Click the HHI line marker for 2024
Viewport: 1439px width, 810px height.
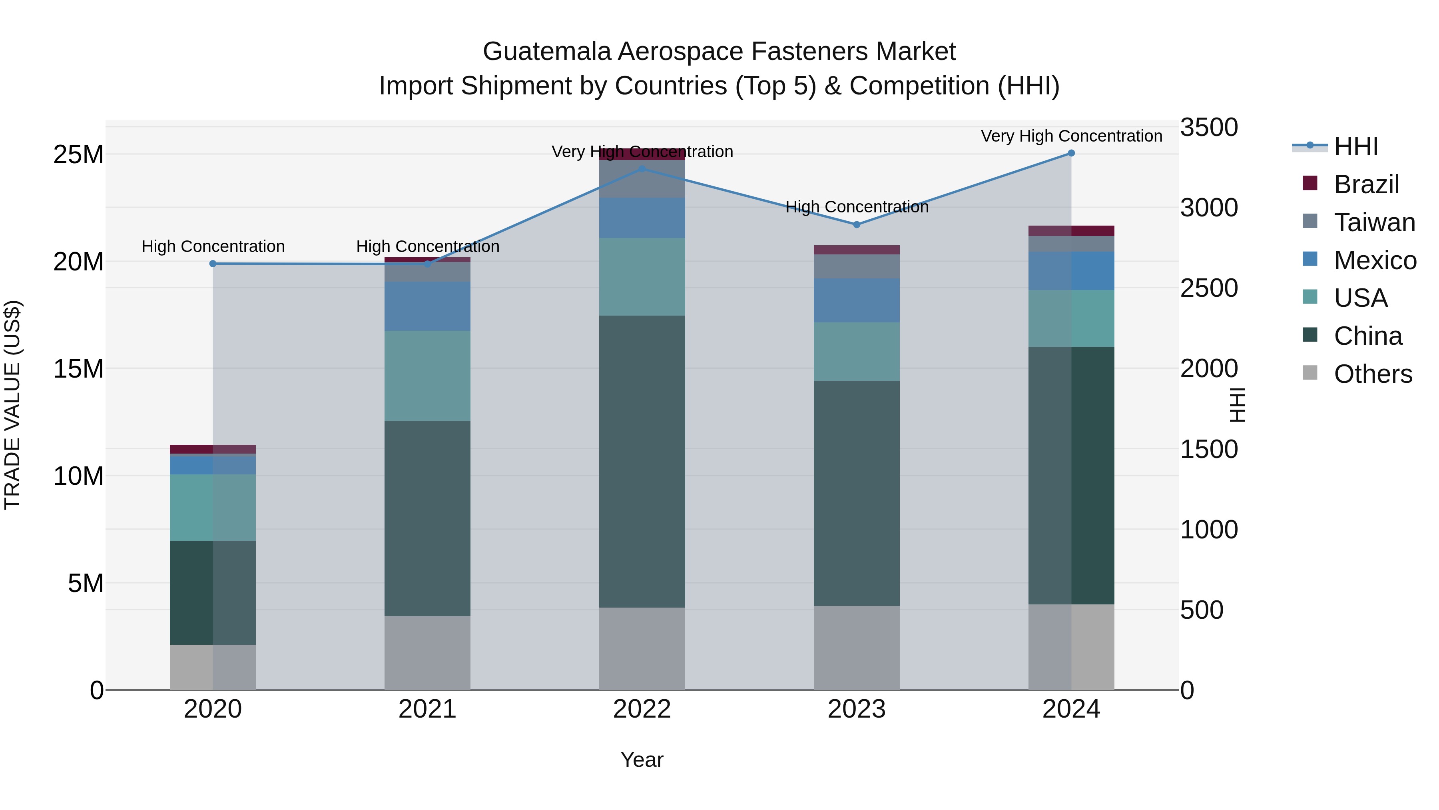[x=1071, y=153]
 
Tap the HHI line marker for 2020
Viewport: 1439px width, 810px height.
[x=213, y=264]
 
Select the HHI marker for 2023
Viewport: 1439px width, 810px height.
[x=856, y=225]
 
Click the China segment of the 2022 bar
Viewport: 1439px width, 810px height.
[x=642, y=461]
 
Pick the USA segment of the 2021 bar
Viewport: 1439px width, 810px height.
[x=427, y=376]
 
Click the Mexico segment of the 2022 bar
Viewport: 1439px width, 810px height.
[x=642, y=218]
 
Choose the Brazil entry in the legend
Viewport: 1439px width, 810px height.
[x=1365, y=184]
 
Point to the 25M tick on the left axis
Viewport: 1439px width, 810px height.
[x=78, y=154]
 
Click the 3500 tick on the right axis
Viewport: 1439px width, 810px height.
[x=1209, y=128]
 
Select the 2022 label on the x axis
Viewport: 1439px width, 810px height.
[x=642, y=709]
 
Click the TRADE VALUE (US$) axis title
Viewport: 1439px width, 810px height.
[x=12, y=405]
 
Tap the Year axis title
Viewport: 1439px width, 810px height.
[x=642, y=760]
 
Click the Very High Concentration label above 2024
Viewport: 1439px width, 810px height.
[x=1071, y=136]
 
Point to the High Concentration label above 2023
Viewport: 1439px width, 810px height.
[x=856, y=207]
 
